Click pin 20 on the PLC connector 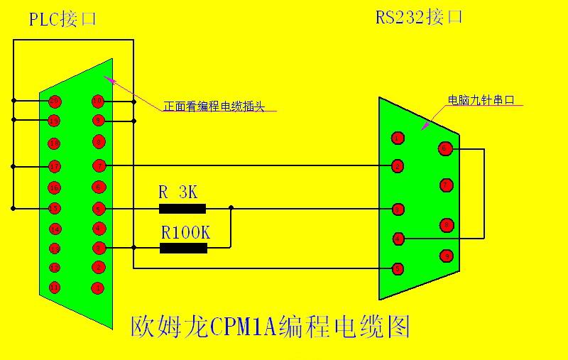[x=54, y=101]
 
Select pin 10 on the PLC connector [x=98, y=101]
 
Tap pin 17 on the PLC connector [x=54, y=166]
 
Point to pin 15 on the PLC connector [x=54, y=208]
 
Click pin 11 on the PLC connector [x=54, y=288]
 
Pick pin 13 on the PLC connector [x=54, y=249]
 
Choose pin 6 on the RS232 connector [x=445, y=148]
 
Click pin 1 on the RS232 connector [x=398, y=137]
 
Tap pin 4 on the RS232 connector [x=398, y=239]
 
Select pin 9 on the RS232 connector [x=445, y=255]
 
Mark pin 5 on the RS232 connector [x=398, y=268]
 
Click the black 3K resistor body [x=182, y=209]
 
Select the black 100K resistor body [x=183, y=248]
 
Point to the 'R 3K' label [x=177, y=192]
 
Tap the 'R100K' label [x=185, y=231]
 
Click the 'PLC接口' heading [x=62, y=19]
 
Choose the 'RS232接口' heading [x=419, y=17]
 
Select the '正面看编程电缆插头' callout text [x=213, y=107]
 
